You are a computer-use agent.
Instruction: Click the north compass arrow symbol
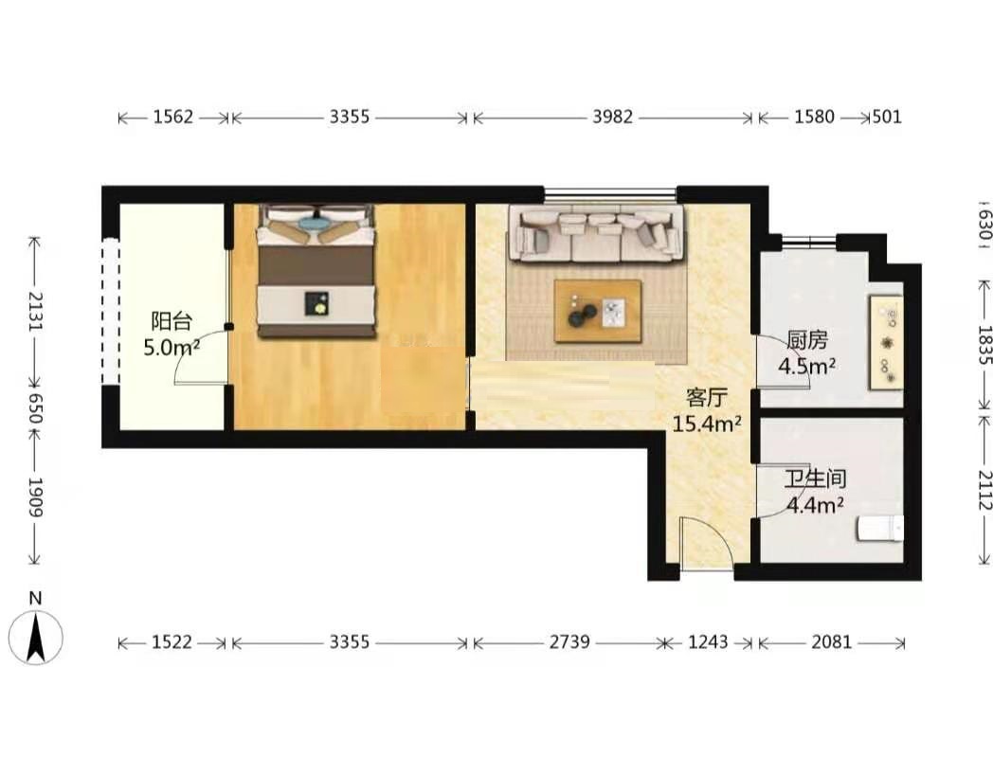click(36, 637)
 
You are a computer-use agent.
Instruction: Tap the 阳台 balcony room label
click(171, 321)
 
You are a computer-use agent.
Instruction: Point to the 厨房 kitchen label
click(807, 340)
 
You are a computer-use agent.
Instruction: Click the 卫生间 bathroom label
click(815, 478)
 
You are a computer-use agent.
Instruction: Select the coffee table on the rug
click(598, 311)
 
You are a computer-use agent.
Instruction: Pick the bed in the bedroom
click(315, 270)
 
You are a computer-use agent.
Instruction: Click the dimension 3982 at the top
click(612, 117)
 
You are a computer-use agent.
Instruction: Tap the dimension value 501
click(887, 117)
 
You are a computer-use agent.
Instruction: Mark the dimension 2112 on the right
click(984, 490)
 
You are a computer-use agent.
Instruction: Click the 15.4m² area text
click(706, 424)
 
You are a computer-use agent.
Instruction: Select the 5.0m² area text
click(172, 347)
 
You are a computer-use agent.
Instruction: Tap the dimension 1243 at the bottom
click(708, 642)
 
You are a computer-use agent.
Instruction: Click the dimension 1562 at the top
click(172, 117)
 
